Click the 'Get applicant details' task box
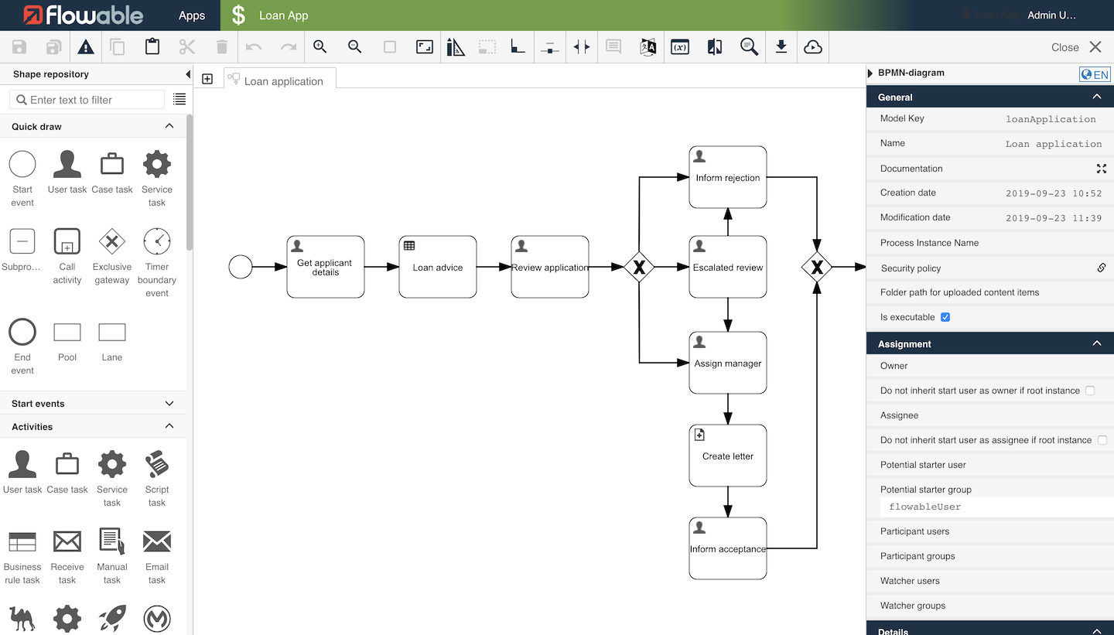pyautogui.click(x=325, y=267)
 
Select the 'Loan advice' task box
pyautogui.click(x=437, y=267)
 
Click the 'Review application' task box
pyautogui.click(x=549, y=267)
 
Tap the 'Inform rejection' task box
pyautogui.click(x=727, y=177)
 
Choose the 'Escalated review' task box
pyautogui.click(x=727, y=267)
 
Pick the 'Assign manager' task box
pyautogui.click(x=727, y=363)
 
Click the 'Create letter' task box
pyautogui.click(x=727, y=456)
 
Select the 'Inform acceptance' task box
pyautogui.click(x=727, y=548)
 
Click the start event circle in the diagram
pyautogui.click(x=241, y=268)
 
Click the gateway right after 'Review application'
pyautogui.click(x=639, y=268)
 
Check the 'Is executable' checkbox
pyautogui.click(x=945, y=317)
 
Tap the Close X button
pyautogui.click(x=1095, y=47)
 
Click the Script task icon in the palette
pyautogui.click(x=157, y=465)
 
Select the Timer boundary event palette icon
pyautogui.click(x=157, y=241)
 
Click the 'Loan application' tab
pyautogui.click(x=282, y=80)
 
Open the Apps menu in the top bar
pyautogui.click(x=192, y=15)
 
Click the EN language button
pyautogui.click(x=1095, y=74)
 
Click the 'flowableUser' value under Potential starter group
pyautogui.click(x=925, y=507)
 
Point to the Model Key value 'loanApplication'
pyautogui.click(x=1051, y=119)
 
